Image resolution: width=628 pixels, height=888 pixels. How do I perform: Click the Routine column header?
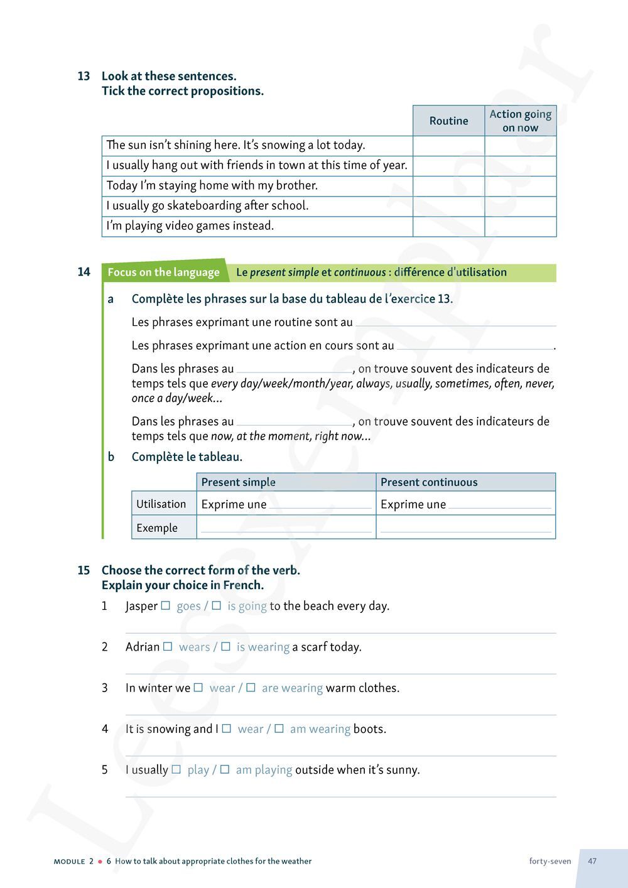coord(448,121)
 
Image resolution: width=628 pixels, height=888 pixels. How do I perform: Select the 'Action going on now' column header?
coord(520,121)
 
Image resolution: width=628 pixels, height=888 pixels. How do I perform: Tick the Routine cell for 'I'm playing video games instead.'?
coord(448,226)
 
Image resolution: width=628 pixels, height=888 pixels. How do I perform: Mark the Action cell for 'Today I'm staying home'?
coord(520,186)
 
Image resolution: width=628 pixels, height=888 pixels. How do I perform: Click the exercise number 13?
coord(84,76)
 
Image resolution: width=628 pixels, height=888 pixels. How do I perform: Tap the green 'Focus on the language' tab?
coord(163,272)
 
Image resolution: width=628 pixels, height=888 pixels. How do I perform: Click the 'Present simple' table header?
coord(238,482)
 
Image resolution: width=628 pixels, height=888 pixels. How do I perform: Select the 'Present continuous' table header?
coord(429,482)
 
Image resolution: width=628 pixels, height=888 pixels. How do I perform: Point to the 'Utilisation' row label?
coord(161,504)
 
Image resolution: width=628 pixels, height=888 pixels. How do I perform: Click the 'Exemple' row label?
coord(157,528)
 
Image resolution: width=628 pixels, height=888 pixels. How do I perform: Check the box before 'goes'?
coord(166,606)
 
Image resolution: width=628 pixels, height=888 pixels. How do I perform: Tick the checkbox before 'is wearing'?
coord(225,647)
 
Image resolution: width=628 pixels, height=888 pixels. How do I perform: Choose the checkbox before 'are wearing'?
coord(251,688)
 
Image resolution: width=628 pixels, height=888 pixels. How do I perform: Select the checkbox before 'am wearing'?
coord(279,728)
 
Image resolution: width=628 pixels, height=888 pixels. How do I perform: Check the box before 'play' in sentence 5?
coord(176,769)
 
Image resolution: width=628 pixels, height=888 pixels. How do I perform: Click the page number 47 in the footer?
coord(592,861)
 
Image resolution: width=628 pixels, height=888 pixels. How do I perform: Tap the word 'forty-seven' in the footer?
coord(550,861)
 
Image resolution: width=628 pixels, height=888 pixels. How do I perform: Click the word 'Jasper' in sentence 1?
coord(141,606)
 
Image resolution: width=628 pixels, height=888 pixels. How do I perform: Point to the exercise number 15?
coord(84,570)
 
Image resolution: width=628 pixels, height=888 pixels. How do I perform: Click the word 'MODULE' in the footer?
coord(69,862)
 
